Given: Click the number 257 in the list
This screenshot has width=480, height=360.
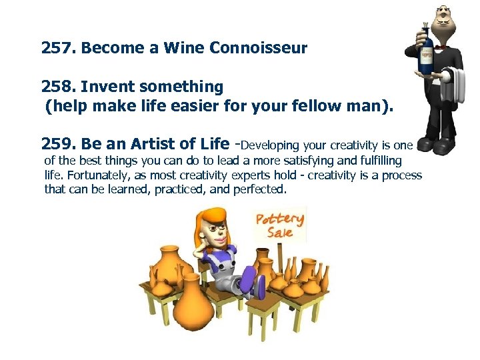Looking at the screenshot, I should [57, 48].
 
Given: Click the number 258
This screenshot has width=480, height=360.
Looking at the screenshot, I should [57, 87].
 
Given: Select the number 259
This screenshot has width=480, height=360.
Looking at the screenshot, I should [57, 144].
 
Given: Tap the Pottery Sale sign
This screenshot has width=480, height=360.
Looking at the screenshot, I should [280, 225].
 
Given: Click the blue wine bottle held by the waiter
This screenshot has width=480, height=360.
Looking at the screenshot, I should [425, 53].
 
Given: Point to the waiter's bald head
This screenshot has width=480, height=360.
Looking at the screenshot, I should [443, 12].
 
